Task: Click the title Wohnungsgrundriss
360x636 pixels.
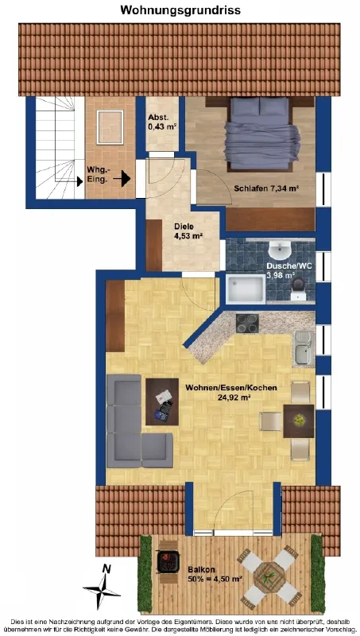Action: pos(180,10)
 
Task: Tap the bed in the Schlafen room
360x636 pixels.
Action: pos(260,134)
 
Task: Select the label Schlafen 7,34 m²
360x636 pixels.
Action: pos(269,188)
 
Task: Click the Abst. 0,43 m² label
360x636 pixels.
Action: pos(162,122)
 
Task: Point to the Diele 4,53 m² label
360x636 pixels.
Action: pos(188,231)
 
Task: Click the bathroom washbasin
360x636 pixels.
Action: pos(279,250)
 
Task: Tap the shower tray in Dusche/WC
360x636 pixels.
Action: pos(246,289)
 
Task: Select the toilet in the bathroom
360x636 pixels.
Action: pos(300,286)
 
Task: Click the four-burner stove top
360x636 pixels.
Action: pos(247,324)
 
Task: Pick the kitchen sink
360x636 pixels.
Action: pos(304,347)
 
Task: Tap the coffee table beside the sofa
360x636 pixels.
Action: pos(162,401)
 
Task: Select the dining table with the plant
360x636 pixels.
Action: pos(299,421)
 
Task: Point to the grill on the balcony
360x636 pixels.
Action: pos(168,562)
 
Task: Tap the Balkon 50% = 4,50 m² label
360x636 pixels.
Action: pos(215,574)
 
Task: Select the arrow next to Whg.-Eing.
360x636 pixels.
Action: pos(122,177)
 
